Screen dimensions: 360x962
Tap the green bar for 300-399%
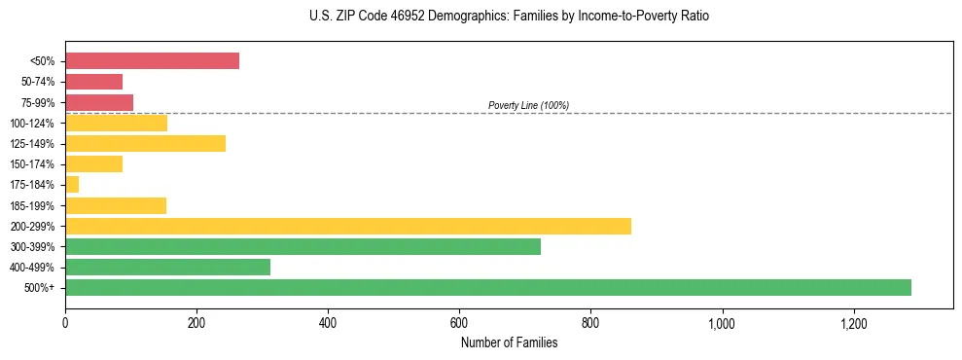point(303,246)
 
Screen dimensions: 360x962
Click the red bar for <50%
point(152,61)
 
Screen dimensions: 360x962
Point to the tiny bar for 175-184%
point(72,185)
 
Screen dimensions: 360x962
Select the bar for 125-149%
point(145,143)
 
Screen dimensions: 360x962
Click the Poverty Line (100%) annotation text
point(528,105)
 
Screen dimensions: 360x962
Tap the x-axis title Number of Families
point(509,342)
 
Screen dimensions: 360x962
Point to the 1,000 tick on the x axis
point(722,321)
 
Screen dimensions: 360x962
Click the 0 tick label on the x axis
point(65,321)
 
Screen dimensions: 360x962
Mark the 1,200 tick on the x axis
point(853,321)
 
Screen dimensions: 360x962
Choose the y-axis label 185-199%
point(34,205)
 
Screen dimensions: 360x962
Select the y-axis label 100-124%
point(34,124)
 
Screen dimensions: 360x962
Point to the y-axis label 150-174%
point(34,164)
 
